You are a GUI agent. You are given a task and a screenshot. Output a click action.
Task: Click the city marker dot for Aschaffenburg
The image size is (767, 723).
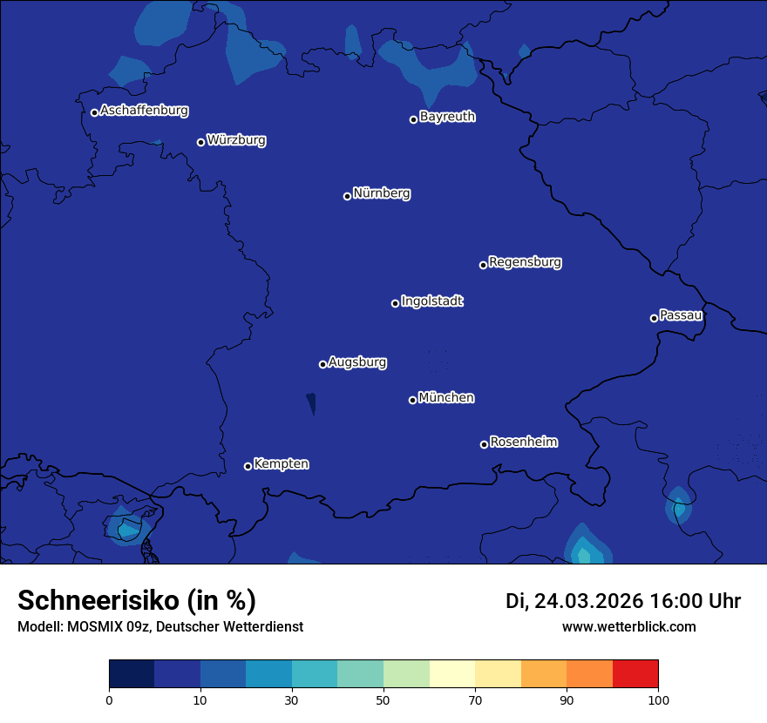(94, 112)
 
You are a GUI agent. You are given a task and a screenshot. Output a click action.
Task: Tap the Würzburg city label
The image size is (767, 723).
(236, 140)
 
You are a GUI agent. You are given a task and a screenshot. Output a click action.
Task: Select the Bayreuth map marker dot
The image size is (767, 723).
(413, 119)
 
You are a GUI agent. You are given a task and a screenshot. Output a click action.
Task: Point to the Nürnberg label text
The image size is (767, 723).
(382, 193)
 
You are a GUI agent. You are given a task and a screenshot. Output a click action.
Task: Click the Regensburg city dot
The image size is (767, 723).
(483, 265)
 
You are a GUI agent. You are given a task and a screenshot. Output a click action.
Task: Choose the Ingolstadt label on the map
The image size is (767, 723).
(432, 301)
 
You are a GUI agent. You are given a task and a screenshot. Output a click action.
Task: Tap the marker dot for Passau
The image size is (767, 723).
(654, 318)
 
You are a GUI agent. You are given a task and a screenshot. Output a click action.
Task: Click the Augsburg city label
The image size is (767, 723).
(357, 362)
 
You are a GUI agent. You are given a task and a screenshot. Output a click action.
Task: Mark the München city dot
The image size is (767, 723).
(412, 400)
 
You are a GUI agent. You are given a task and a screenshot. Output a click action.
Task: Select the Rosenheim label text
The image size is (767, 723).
(524, 443)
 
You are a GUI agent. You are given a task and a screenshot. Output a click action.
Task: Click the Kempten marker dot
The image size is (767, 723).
(248, 466)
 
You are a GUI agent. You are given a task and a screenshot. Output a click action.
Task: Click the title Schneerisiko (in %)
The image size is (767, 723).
(137, 601)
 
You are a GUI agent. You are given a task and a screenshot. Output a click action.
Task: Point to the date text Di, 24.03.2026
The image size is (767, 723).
(574, 601)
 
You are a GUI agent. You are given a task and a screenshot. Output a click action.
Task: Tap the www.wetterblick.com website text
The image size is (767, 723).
(629, 626)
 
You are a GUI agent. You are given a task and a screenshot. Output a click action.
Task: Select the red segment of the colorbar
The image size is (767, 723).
(635, 674)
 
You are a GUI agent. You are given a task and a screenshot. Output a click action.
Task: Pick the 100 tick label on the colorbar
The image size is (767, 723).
(658, 699)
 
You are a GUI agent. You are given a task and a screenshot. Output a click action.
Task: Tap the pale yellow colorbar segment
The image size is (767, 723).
(452, 674)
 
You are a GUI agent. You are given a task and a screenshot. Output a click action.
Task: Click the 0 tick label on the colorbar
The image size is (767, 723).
(109, 699)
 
